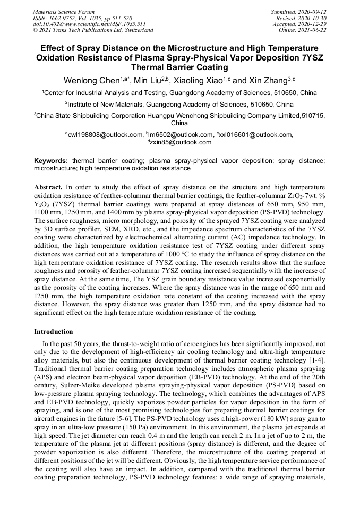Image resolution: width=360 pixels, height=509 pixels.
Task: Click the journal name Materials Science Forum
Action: [64, 12]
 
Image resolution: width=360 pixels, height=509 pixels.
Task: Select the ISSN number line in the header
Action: [82, 18]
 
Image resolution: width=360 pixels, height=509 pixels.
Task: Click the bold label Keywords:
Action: [51, 160]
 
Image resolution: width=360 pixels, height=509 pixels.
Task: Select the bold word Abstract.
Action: [48, 187]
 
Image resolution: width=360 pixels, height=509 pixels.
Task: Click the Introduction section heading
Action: [54, 332]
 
